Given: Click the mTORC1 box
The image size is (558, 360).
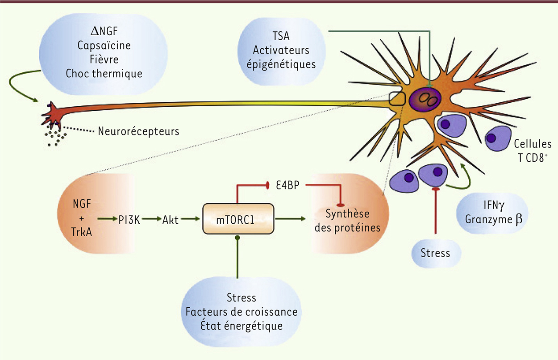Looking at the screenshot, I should (238, 219).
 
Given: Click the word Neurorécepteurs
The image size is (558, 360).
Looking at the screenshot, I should (138, 131).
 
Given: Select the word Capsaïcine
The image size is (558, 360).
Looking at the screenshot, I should (104, 46).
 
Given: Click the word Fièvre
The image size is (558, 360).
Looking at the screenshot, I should (104, 59).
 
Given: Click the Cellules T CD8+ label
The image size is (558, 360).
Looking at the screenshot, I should (533, 151).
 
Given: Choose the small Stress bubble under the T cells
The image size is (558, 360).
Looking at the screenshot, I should (435, 253).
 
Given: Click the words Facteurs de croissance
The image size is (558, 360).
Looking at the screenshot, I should (242, 311).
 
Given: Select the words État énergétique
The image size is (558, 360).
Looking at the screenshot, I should (242, 325).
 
